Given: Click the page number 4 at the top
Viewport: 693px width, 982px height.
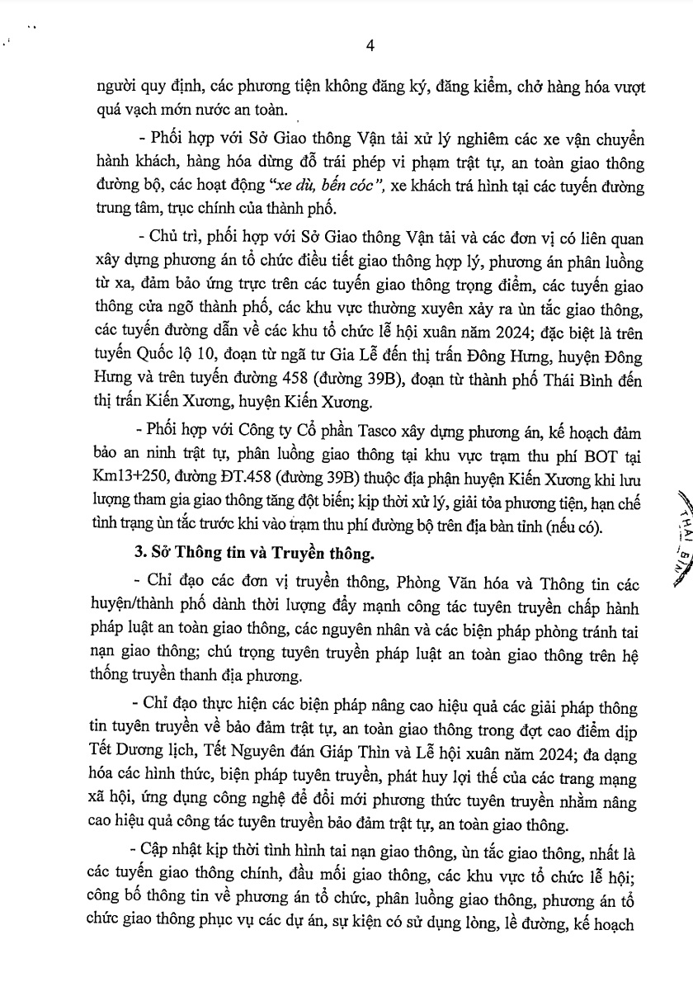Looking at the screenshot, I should (370, 46).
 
